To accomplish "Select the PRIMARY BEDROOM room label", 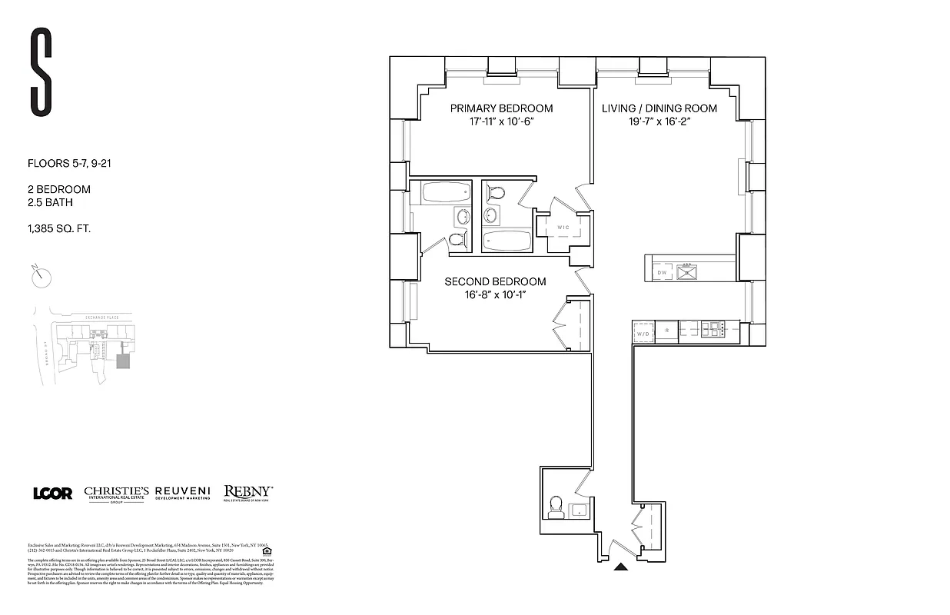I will (x=501, y=108).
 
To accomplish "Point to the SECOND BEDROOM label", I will (x=495, y=281).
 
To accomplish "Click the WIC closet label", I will (x=563, y=228).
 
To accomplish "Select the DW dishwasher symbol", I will (x=662, y=273).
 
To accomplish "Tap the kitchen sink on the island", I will (x=686, y=272).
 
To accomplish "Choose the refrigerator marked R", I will (x=667, y=331).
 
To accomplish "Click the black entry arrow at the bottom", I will (x=621, y=568).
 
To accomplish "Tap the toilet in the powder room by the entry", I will (x=556, y=507).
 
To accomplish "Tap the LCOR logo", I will (x=52, y=494).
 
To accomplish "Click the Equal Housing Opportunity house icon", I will (x=267, y=550).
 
